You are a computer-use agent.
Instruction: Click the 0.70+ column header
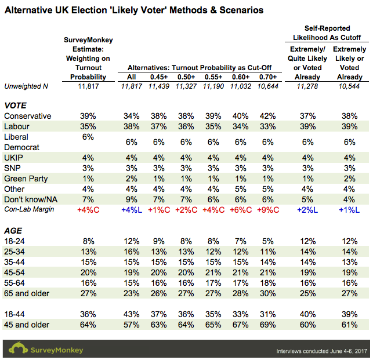click(268, 77)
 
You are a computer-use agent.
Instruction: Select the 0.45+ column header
click(159, 77)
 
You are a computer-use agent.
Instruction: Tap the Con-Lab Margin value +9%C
click(268, 210)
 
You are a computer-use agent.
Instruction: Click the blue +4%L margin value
click(132, 210)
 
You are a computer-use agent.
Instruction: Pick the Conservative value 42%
click(268, 116)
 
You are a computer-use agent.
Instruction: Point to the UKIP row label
click(13, 158)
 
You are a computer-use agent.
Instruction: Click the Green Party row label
click(26, 179)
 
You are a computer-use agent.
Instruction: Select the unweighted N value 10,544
click(349, 86)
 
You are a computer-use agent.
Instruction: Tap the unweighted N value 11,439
click(159, 86)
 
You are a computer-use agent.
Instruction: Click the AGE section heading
click(13, 231)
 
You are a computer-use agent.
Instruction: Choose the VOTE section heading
click(15, 106)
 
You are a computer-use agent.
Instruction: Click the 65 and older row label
click(27, 293)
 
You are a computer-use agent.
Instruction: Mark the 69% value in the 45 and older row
click(268, 325)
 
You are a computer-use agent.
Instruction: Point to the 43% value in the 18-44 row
click(132, 314)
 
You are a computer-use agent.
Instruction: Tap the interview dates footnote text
click(321, 351)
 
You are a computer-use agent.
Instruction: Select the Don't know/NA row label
click(31, 199)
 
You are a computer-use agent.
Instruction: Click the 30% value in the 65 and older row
click(268, 293)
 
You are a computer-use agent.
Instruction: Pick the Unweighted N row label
click(26, 86)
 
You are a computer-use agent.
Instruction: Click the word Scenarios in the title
click(241, 10)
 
